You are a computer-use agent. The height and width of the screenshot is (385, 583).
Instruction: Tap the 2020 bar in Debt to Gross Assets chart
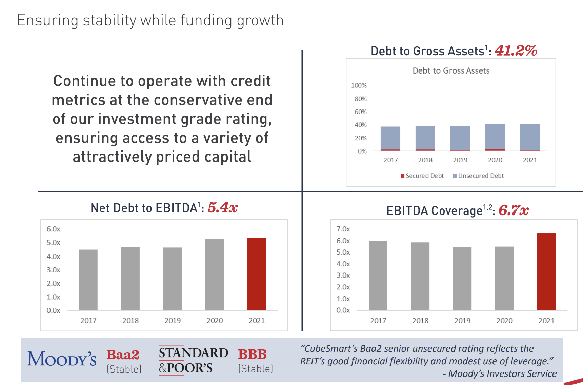click(x=495, y=137)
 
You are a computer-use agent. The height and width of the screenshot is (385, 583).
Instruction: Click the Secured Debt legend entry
click(x=422, y=176)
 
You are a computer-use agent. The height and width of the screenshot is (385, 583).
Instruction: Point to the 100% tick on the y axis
click(x=359, y=85)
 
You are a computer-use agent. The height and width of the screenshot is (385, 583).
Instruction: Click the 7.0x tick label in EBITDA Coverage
click(x=343, y=229)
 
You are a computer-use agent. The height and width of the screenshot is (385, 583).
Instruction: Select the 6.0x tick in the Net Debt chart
click(x=53, y=229)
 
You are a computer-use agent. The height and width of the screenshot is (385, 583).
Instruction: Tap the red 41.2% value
click(x=516, y=51)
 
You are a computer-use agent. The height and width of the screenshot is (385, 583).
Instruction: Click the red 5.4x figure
click(x=223, y=207)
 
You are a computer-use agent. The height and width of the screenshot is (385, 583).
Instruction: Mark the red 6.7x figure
click(x=513, y=210)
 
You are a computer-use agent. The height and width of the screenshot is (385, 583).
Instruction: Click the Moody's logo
click(x=62, y=359)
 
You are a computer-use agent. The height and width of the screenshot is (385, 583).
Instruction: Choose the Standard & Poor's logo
click(x=193, y=360)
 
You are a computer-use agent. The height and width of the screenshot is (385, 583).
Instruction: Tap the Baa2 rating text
click(x=123, y=355)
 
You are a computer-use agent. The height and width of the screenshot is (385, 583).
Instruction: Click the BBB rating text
click(x=252, y=354)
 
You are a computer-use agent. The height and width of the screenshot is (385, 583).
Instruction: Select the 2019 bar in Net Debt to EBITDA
click(x=172, y=279)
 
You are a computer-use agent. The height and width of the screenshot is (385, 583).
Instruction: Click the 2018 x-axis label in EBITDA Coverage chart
click(x=420, y=321)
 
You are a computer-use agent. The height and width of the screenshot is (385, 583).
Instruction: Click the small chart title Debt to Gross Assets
click(x=451, y=70)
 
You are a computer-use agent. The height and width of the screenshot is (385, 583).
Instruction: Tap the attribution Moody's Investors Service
click(x=502, y=373)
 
